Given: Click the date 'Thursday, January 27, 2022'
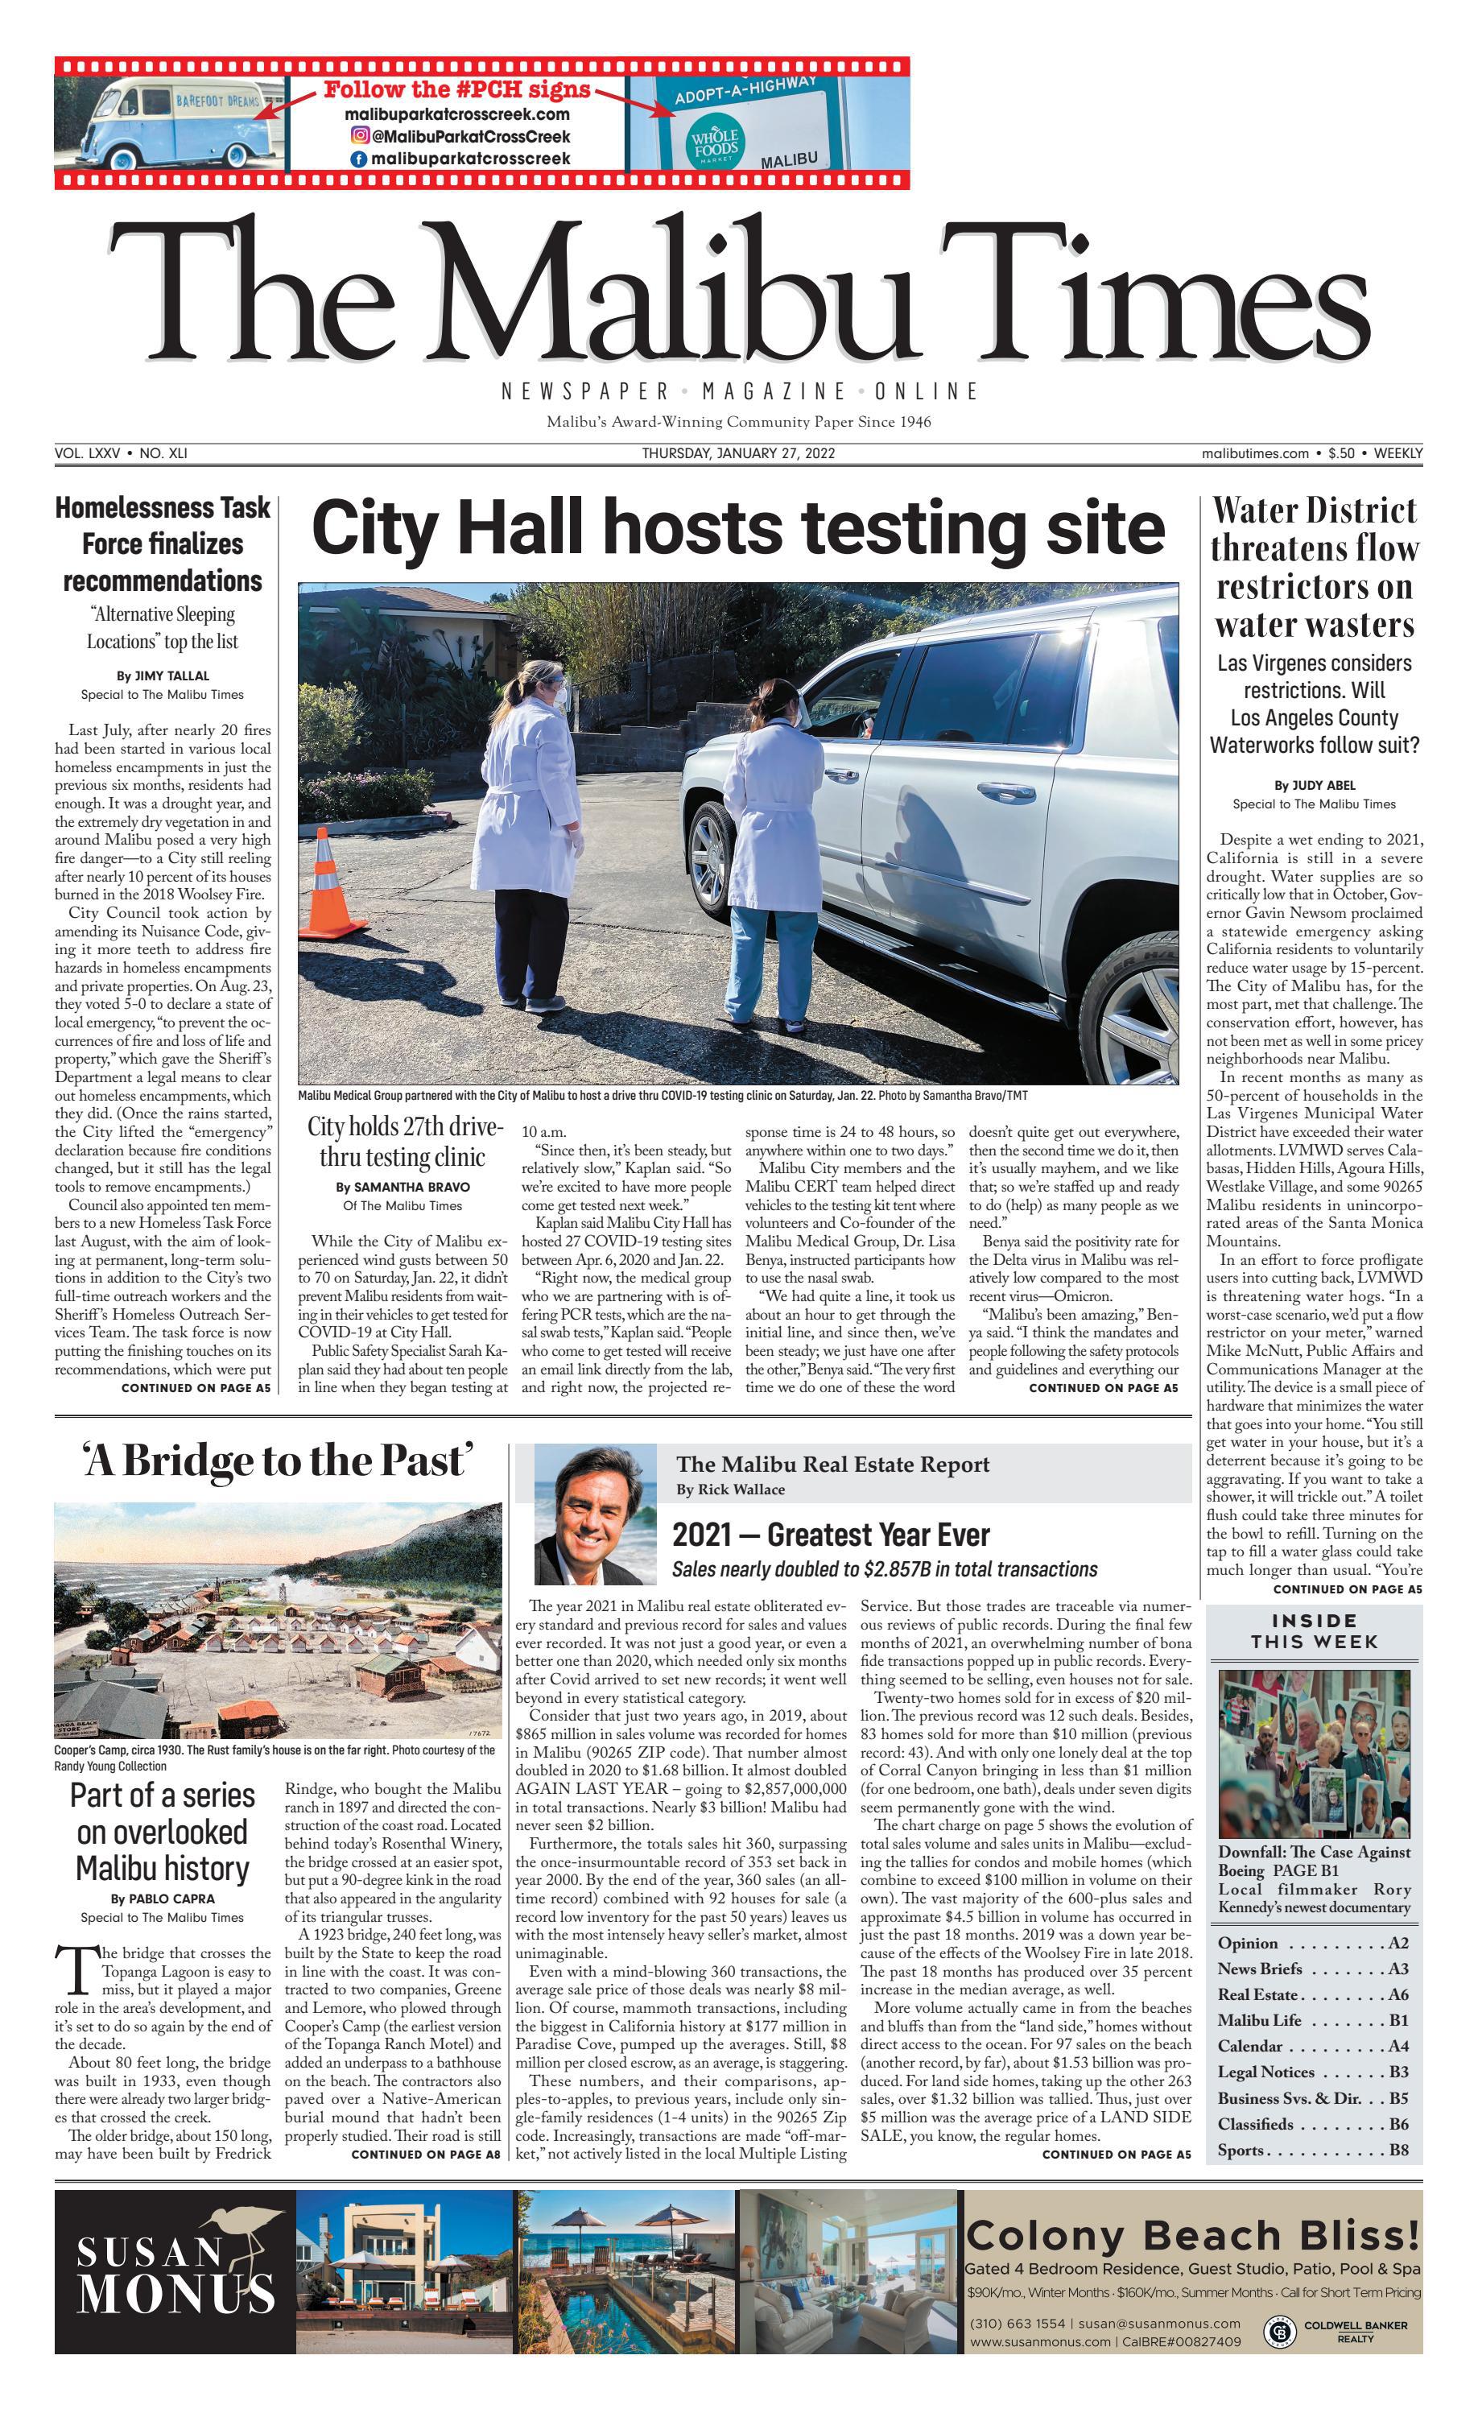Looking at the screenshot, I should tap(738, 453).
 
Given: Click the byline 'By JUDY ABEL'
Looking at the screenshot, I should tap(1314, 785).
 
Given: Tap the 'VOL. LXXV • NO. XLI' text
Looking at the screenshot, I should tap(122, 453).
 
